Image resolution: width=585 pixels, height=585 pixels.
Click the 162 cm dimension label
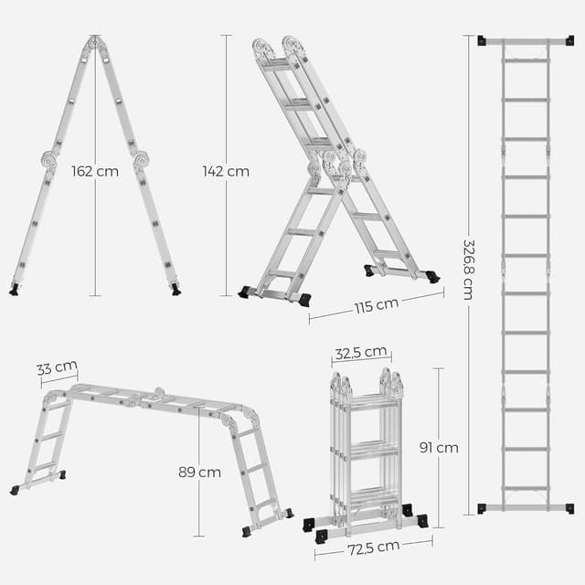(94, 171)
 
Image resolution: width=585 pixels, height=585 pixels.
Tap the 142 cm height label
(226, 171)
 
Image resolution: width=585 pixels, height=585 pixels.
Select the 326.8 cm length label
(467, 270)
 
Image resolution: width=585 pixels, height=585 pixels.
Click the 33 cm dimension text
(57, 368)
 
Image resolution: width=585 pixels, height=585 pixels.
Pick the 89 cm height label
(199, 472)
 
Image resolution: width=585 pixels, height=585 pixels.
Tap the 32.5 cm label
(361, 354)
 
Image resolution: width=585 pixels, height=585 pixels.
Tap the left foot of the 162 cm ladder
(14, 289)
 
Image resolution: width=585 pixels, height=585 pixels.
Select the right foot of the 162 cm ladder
(175, 289)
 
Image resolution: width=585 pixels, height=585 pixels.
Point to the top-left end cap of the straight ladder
(482, 40)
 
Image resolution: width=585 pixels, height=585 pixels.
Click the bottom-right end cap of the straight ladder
(569, 507)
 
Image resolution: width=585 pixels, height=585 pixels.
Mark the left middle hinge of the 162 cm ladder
(48, 160)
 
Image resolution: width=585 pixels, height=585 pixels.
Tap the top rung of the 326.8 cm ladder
(525, 60)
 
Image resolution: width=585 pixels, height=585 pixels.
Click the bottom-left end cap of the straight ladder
(482, 507)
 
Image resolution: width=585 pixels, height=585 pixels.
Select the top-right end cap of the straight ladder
(569, 40)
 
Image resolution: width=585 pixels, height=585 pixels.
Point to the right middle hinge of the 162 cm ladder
(141, 160)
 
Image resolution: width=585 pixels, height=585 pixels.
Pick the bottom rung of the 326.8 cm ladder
(525, 487)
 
